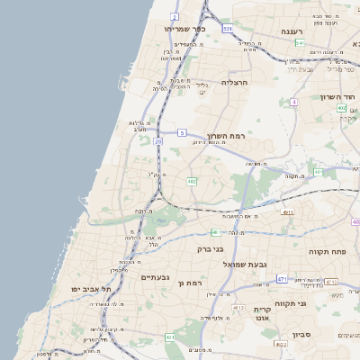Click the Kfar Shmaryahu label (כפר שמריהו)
coord(185,29)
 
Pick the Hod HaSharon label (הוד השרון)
coord(338,96)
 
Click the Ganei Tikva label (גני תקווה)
coord(315,303)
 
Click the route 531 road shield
coord(228,29)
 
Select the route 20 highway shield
coord(158,141)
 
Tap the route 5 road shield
coord(182,133)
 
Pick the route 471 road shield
coord(282,278)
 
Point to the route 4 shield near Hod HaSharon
coord(293,102)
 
